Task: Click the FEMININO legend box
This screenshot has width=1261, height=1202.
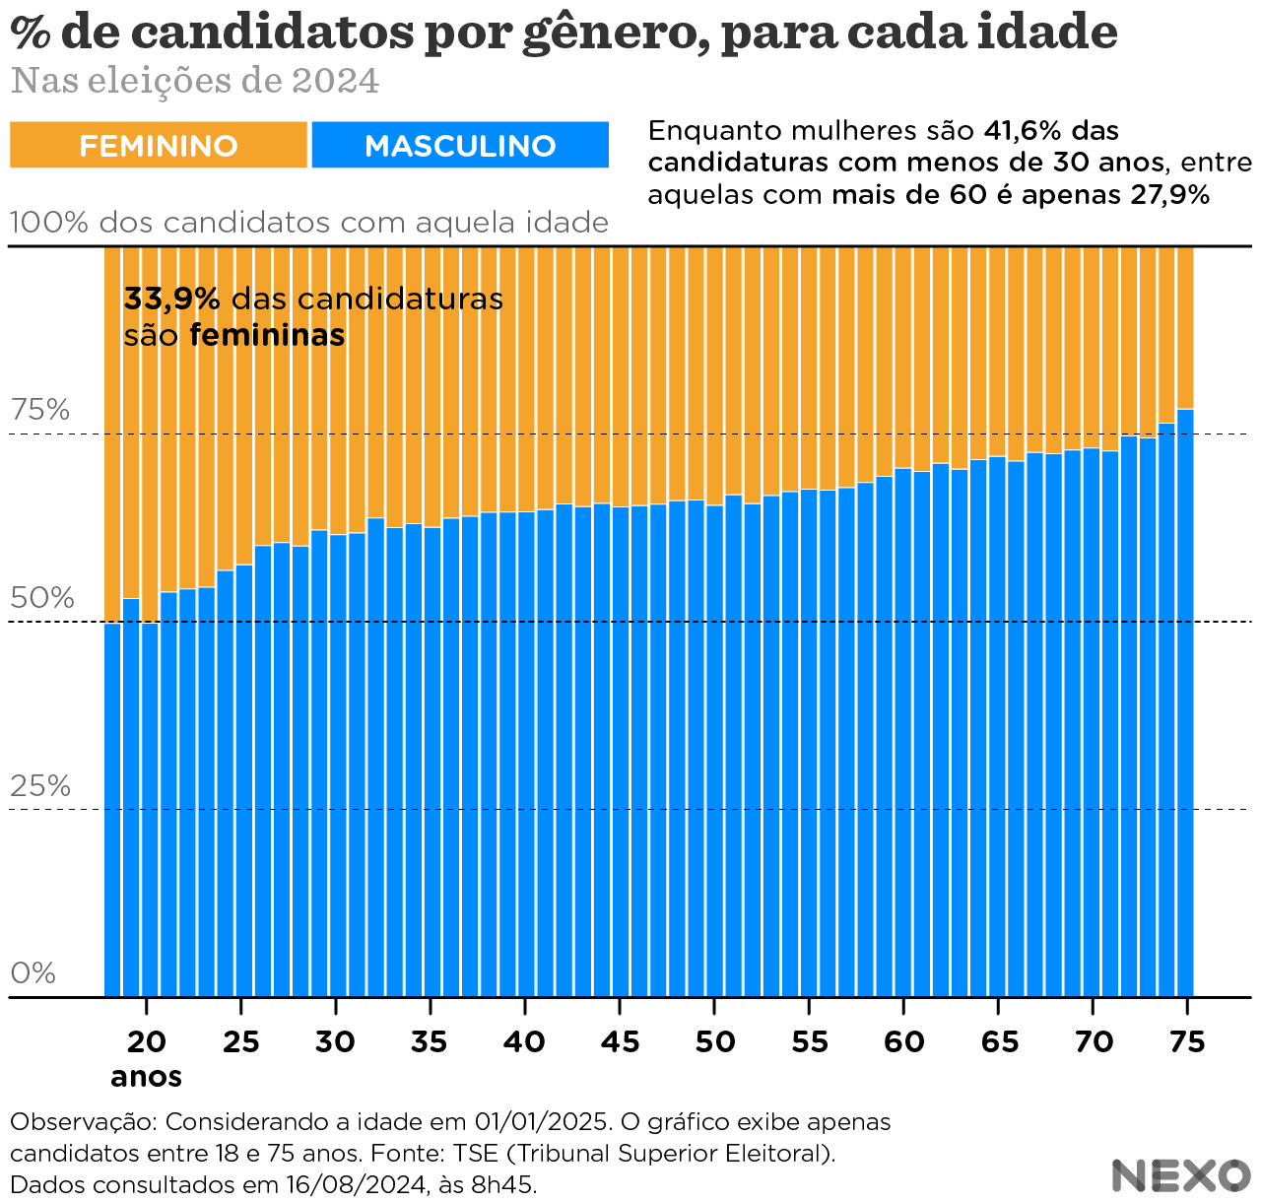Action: tap(159, 146)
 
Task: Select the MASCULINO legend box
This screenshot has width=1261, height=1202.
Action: tap(460, 146)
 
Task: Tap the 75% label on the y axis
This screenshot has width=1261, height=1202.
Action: tap(40, 410)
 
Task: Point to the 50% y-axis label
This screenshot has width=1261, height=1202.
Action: tap(42, 598)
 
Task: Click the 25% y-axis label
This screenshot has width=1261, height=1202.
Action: tap(40, 786)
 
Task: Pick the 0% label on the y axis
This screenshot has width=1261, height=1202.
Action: tap(33, 973)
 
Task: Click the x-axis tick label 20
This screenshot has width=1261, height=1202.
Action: tap(147, 1041)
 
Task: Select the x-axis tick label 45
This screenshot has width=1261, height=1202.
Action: tap(620, 1041)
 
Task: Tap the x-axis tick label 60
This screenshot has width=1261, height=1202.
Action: tap(903, 1041)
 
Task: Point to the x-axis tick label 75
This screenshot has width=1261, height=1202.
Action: tap(1188, 1041)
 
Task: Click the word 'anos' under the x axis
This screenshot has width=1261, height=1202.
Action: tap(146, 1076)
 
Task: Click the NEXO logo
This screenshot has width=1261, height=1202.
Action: tap(1180, 1175)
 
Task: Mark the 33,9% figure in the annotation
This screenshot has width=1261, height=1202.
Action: tap(171, 300)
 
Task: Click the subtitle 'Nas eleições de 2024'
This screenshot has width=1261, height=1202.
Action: tap(195, 81)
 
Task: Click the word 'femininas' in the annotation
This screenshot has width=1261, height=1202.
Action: tap(267, 336)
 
